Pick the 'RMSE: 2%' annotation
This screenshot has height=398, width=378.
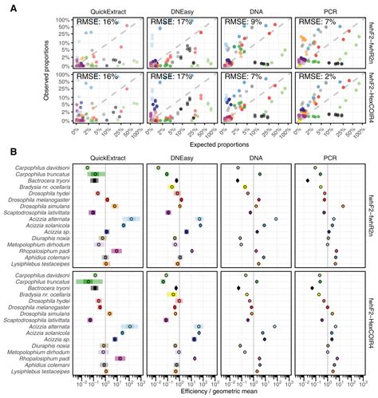click(319, 78)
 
